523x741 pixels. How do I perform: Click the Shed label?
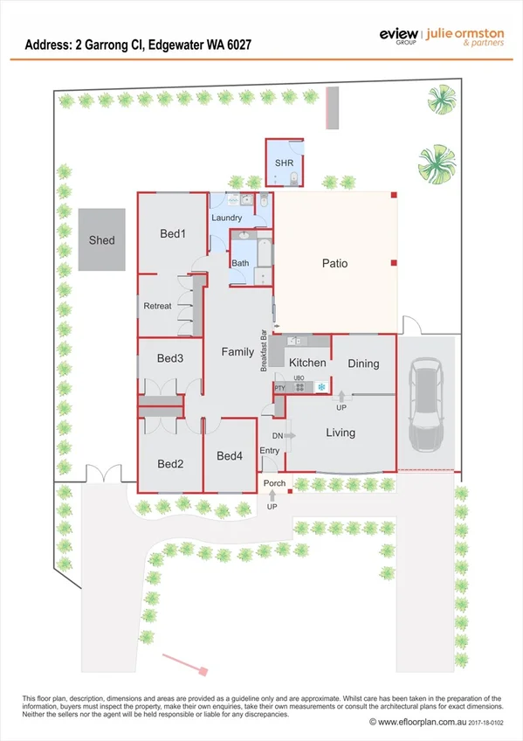click(101, 240)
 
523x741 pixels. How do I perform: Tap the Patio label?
click(334, 263)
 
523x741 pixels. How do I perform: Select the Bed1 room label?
click(173, 234)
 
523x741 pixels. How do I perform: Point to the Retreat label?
click(158, 306)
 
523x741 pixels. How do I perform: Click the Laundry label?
click(226, 218)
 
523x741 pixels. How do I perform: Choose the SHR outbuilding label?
click(284, 163)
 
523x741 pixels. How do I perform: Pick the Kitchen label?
click(307, 363)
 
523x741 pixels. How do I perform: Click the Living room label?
click(341, 433)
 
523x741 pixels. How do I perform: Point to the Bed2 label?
click(169, 464)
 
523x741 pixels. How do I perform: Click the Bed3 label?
click(169, 358)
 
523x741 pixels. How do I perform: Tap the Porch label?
click(275, 483)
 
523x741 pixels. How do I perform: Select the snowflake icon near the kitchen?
click(320, 386)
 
